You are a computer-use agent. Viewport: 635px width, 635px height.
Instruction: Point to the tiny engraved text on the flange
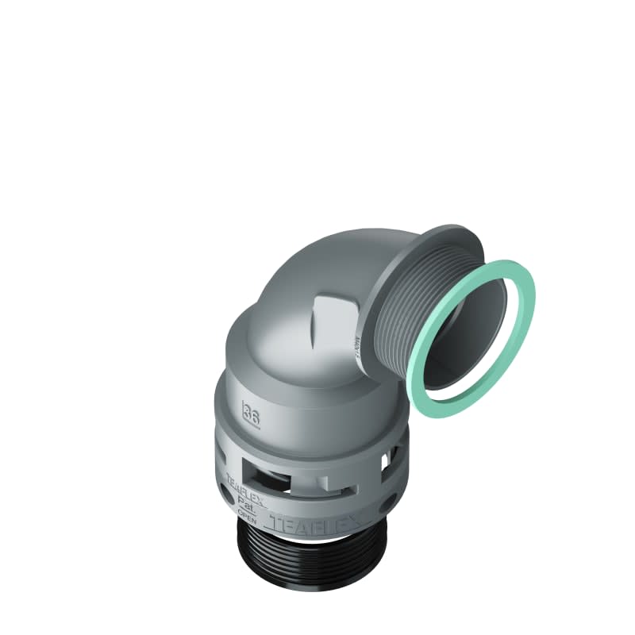(x=357, y=343)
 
